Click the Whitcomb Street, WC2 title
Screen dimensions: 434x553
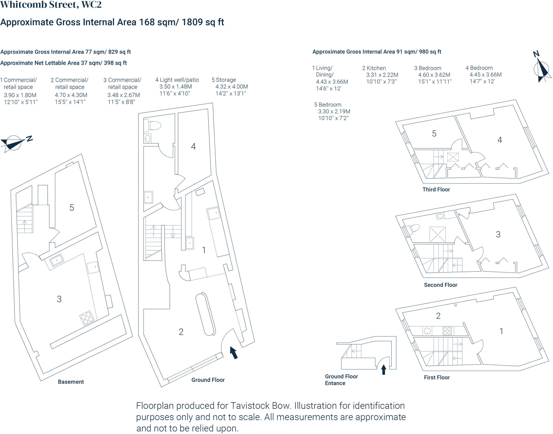pos(51,5)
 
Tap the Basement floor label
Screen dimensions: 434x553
pos(71,382)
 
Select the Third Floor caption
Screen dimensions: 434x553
pos(436,189)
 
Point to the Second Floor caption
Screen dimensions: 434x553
pos(440,285)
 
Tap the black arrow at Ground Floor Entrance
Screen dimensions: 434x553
pos(383,370)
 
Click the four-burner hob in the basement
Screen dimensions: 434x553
pos(87,318)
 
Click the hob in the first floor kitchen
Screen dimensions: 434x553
pos(447,331)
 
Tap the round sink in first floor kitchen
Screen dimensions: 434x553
pos(427,331)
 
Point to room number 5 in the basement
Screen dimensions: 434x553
pos(72,207)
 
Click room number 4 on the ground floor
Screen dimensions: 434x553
pos(193,146)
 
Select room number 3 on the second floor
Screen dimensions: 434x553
pos(498,234)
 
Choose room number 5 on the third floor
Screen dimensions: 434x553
pos(434,134)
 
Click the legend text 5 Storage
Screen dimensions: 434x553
pos(224,80)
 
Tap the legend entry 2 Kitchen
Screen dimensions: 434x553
pos(374,68)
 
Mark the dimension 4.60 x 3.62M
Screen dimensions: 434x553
pos(434,75)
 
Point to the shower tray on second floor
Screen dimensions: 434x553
pos(437,234)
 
